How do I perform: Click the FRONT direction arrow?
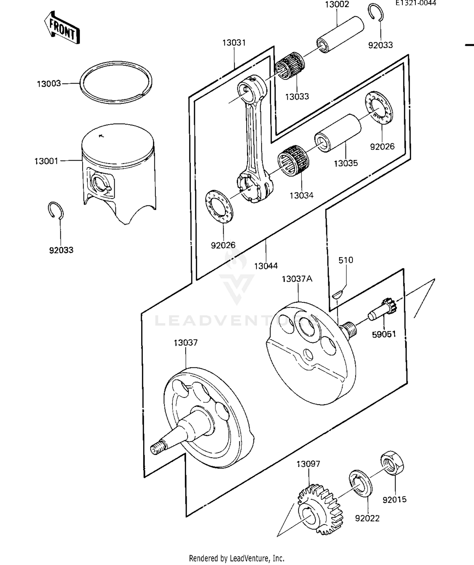pos(62,27)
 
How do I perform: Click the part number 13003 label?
pos(49,84)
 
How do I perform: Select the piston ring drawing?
pos(116,82)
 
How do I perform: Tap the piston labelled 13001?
pos(118,171)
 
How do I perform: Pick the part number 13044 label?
pos(266,266)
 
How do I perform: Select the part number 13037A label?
pos(297,279)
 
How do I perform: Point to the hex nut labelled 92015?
pos(392,463)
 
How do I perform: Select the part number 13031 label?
pos(234,43)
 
